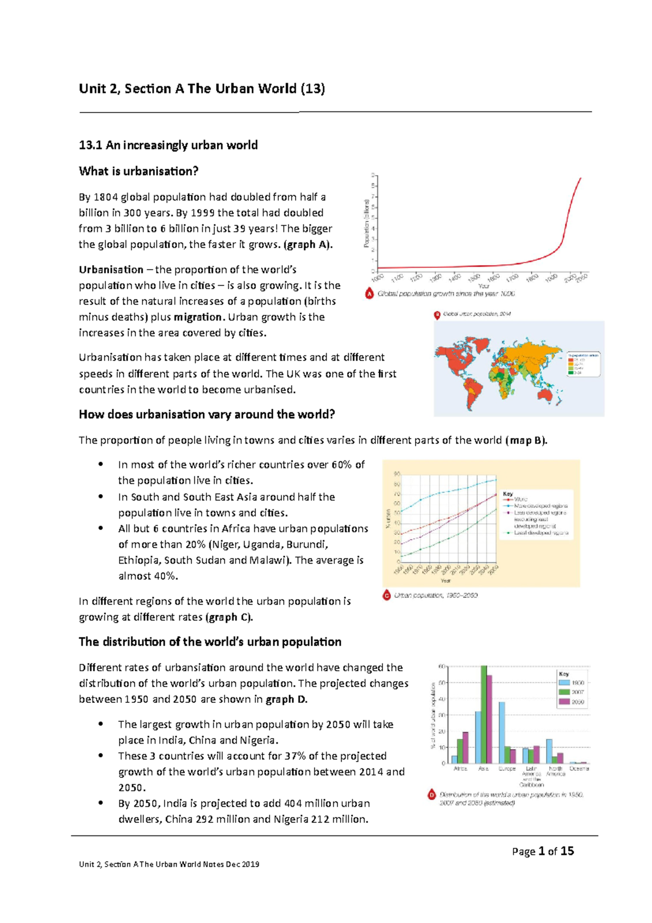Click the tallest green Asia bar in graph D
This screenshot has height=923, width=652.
484,715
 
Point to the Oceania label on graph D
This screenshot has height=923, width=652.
579,769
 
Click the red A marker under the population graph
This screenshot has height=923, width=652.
369,294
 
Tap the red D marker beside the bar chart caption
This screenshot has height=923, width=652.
432,795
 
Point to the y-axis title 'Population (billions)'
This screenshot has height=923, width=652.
367,223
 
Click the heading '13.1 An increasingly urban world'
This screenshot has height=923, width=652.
168,145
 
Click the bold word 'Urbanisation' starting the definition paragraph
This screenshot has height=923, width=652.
111,270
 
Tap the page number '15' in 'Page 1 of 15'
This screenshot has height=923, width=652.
567,851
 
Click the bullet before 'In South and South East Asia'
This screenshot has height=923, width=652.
100,497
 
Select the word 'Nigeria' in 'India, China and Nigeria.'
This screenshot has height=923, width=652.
258,740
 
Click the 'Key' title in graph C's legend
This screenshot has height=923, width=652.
508,494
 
